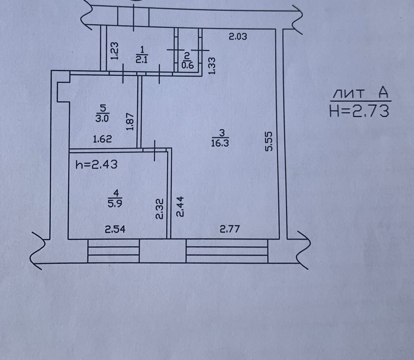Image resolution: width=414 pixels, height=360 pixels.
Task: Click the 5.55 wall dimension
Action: [270, 141]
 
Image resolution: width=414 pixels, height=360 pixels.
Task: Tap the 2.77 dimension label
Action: [229, 228]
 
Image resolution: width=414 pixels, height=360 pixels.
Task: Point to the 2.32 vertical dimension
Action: [159, 208]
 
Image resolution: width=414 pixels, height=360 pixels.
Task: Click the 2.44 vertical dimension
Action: [180, 206]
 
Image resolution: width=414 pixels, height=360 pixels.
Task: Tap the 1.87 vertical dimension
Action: [130, 122]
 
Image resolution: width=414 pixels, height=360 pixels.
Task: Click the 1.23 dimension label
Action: [115, 51]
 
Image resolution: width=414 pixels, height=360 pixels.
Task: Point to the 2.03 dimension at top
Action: [238, 36]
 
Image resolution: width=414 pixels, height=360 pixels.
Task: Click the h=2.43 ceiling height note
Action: [96, 165]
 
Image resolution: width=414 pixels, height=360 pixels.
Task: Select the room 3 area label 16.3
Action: [220, 143]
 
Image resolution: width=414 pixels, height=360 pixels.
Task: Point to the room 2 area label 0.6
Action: [187, 65]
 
